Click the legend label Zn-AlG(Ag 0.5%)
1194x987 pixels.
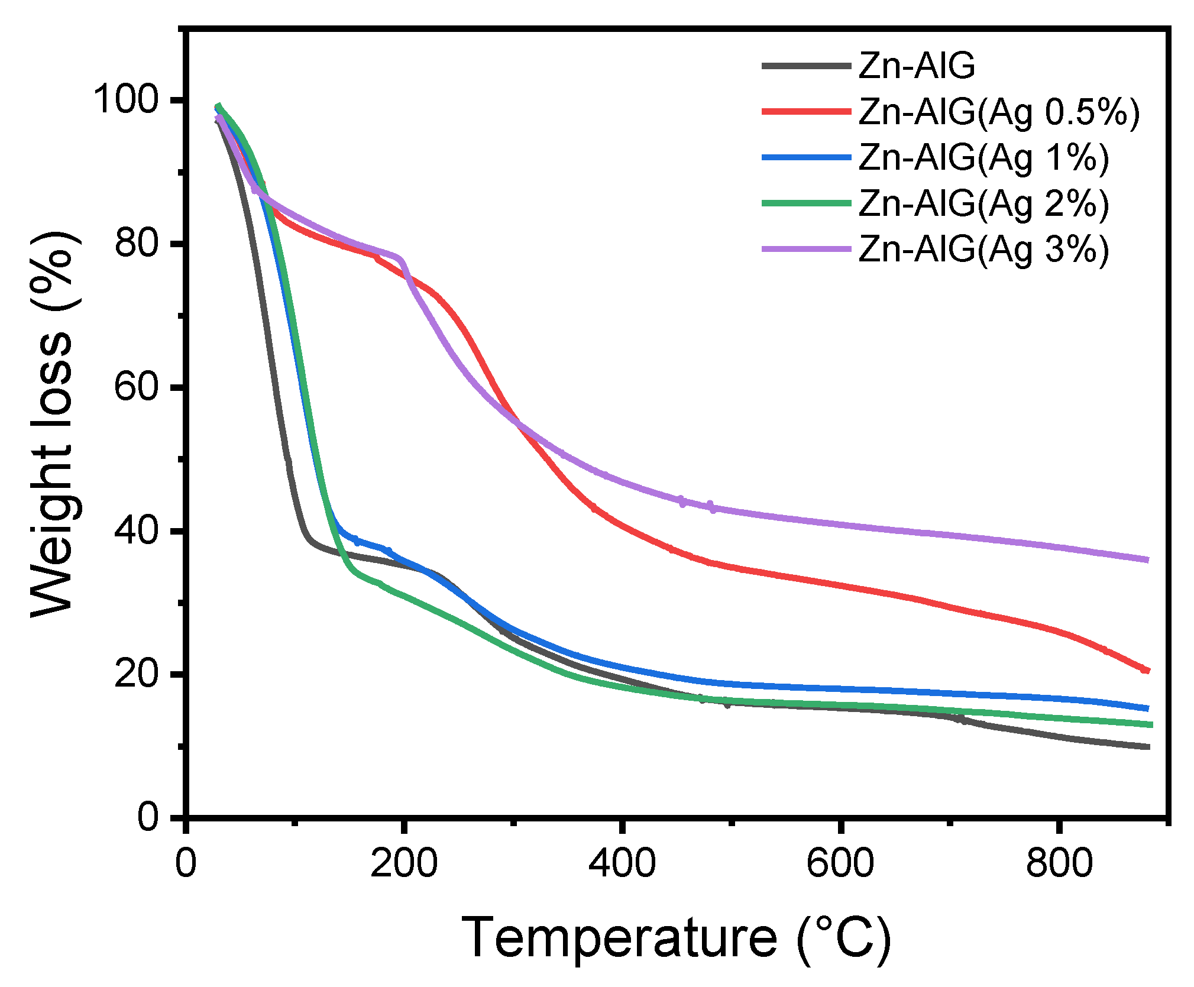(998, 112)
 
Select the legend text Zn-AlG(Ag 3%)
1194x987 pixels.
(983, 250)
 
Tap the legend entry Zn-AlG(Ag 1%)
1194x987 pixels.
(983, 158)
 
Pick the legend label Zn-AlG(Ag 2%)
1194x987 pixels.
(983, 204)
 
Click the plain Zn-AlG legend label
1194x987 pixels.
(916, 66)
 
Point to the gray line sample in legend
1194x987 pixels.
(806, 66)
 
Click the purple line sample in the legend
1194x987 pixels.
(806, 249)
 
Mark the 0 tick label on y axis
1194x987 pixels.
(148, 818)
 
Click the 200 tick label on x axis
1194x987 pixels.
(404, 863)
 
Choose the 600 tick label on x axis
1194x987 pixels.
(840, 863)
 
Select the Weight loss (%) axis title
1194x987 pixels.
(52, 423)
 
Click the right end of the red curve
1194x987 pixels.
(1147, 670)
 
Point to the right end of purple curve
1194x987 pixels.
(1147, 559)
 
